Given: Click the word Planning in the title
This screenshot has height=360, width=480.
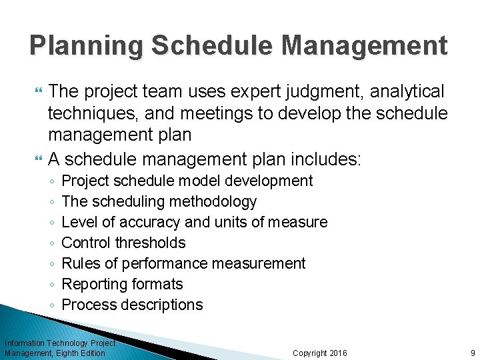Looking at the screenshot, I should [86, 46].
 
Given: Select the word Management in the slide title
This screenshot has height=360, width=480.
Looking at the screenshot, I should [364, 46].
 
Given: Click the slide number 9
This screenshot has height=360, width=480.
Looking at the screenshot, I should [472, 353].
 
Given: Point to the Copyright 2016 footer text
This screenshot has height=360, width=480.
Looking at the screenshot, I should [319, 353].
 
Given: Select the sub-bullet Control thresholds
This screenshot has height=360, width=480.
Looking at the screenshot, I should [123, 243].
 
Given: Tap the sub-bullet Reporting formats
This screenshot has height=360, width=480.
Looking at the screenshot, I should [122, 284].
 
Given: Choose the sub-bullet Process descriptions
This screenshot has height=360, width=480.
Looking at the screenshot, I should [132, 305].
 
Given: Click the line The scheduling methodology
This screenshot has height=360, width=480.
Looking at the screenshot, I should [159, 201].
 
